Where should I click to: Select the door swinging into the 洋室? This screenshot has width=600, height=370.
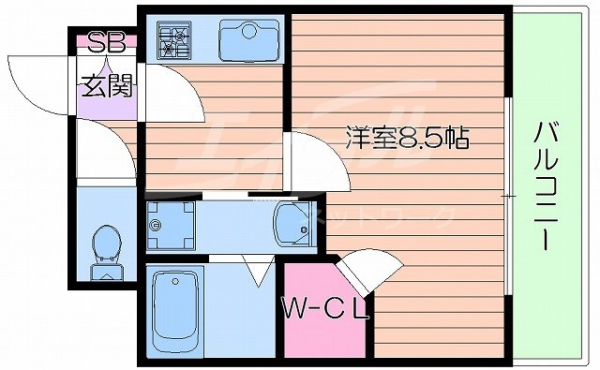pyautogui.click(x=314, y=159)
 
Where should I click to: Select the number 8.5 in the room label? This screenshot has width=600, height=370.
pyautogui.click(x=416, y=139)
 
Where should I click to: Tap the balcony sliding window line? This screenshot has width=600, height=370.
pyautogui.click(x=508, y=193)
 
